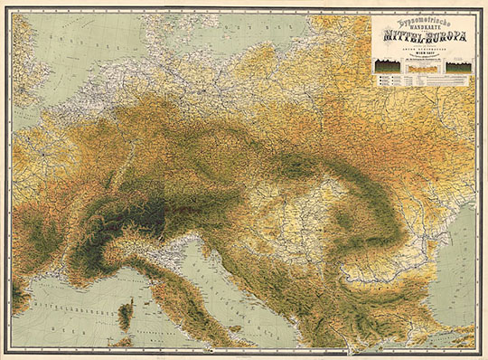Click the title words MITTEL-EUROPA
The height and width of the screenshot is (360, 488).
(421, 39)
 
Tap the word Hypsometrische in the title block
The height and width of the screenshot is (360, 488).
(421, 20)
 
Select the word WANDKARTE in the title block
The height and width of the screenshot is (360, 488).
(421, 28)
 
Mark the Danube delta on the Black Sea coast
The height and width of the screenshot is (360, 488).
(444, 242)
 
